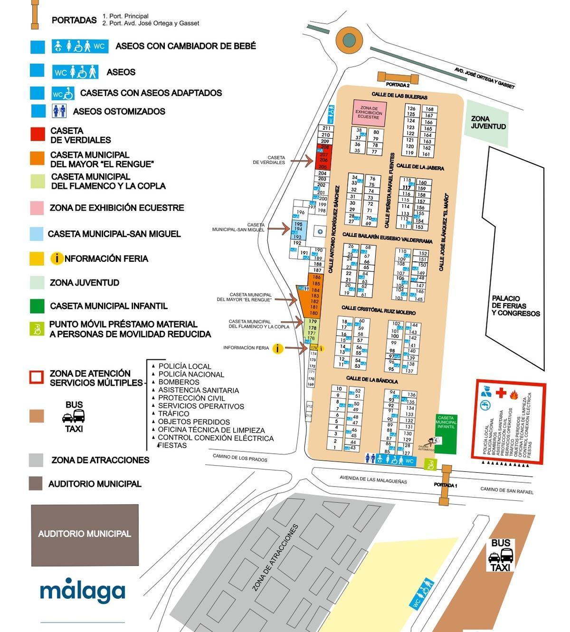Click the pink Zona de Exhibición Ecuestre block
pos(369,113)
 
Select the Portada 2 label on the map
pos(397,85)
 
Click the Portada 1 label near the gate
pos(445,485)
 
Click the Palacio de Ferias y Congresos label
pos(516,306)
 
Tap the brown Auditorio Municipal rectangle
pos(85,535)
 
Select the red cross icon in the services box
pos(501,393)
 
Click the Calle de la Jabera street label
pos(420,167)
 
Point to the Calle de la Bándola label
pos(372,380)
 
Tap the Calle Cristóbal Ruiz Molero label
pos(378,310)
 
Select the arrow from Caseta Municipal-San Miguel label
pos(279,229)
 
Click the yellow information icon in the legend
pos(57,259)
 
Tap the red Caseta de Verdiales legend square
pos(38,134)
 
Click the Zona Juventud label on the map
pos(488,123)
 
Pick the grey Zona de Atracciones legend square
pos(36,460)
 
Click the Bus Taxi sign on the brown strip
pos(500,555)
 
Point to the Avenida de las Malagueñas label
pos(373,479)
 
